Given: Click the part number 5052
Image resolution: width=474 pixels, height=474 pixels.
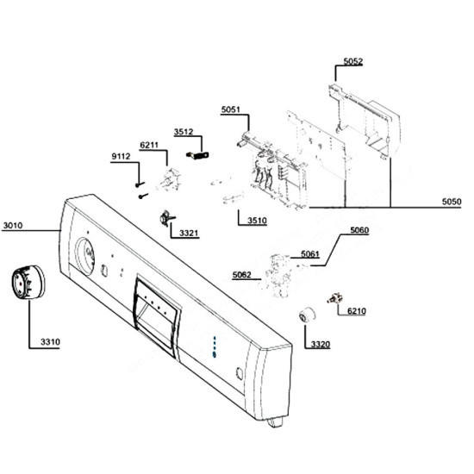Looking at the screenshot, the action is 352,61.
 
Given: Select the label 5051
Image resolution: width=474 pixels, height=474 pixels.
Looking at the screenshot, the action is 231,109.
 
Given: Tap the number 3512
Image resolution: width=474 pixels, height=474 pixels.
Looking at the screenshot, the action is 184,132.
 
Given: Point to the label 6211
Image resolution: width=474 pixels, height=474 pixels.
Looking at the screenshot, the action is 149,145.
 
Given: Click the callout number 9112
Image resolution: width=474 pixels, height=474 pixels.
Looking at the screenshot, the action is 121,156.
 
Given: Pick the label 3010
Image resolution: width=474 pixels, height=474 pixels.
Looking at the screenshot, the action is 13,226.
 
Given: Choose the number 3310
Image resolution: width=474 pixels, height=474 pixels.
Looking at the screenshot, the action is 50,342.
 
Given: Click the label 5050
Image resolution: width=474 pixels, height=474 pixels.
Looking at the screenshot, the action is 452,202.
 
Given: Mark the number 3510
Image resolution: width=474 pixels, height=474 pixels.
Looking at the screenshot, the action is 258,221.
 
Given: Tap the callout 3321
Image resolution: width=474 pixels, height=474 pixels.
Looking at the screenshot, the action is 189,233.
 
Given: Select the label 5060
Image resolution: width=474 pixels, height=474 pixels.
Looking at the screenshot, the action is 359,230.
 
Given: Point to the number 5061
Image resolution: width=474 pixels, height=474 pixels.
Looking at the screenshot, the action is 310,254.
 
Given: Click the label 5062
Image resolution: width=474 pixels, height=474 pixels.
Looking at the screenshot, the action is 242,275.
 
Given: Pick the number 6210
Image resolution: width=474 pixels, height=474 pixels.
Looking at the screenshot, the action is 357,311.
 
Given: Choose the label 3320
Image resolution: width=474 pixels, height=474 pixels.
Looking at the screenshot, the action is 321,345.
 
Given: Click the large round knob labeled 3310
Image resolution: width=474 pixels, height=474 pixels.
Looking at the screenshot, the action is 28,283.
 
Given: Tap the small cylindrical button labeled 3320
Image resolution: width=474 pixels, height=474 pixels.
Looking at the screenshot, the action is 307,315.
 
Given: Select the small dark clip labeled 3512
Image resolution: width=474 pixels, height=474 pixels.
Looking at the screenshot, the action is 197,155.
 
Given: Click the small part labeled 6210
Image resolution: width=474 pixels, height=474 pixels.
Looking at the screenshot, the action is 335,298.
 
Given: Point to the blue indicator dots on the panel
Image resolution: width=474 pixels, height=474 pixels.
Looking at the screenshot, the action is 215,346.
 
